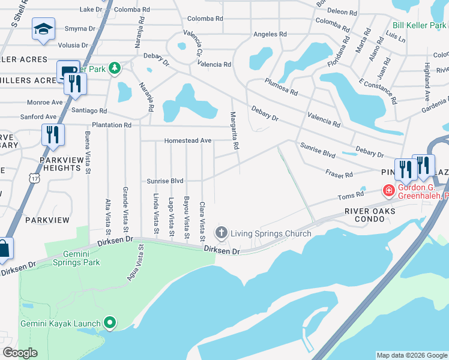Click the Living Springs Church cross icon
[x=221, y=233]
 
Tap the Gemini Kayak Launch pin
[x=109, y=323]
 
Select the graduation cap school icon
[x=43, y=30]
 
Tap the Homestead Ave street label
[x=188, y=140]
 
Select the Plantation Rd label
[x=110, y=125]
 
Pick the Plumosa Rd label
[x=281, y=87]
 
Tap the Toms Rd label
[x=351, y=195]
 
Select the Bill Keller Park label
[x=420, y=25]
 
